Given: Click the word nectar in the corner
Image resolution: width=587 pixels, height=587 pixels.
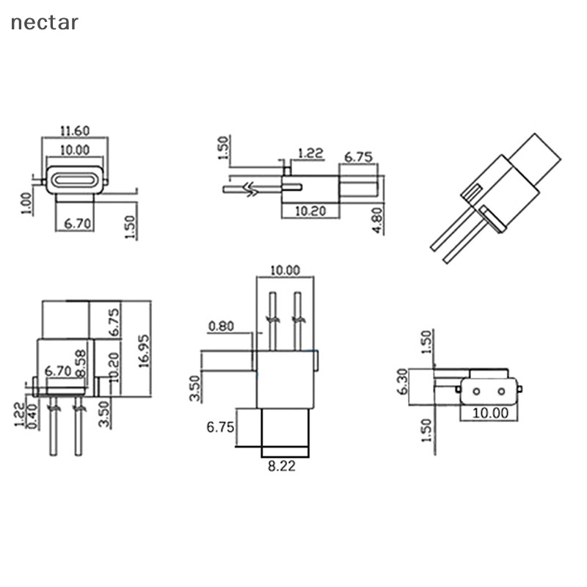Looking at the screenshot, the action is pyautogui.click(x=45, y=23).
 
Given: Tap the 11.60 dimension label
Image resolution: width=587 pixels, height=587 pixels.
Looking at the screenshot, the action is pyautogui.click(x=75, y=131).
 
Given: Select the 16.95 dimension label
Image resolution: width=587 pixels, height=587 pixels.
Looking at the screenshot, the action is pyautogui.click(x=144, y=351).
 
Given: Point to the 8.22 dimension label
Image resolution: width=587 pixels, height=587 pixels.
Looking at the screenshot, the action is pyautogui.click(x=282, y=466).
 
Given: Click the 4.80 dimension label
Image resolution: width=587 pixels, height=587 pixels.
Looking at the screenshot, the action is pyautogui.click(x=378, y=221).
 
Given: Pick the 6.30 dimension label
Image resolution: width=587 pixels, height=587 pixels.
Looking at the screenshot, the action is pyautogui.click(x=403, y=382).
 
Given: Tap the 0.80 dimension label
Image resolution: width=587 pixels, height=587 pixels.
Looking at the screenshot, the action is pyautogui.click(x=221, y=327).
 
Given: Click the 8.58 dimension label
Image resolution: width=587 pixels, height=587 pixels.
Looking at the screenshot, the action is pyautogui.click(x=81, y=363).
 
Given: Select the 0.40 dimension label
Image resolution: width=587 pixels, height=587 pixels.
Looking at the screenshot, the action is pyautogui.click(x=33, y=416).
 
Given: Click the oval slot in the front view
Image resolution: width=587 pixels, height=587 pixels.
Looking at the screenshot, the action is pyautogui.click(x=73, y=180).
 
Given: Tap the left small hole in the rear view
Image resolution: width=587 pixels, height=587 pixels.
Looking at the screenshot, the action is pyautogui.click(x=476, y=392).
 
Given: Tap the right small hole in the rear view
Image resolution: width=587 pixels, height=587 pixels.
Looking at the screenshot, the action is pyautogui.click(x=501, y=392).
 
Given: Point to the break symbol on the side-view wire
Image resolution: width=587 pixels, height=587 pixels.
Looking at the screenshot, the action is pyautogui.click(x=251, y=189).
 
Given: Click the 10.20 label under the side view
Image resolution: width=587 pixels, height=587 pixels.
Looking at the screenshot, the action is pyautogui.click(x=310, y=211).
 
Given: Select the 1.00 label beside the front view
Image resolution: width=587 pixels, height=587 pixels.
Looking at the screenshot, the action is pyautogui.click(x=26, y=203).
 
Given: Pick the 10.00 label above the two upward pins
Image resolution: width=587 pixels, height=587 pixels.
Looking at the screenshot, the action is pyautogui.click(x=285, y=270).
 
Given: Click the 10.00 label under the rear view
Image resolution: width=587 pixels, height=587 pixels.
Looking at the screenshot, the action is pyautogui.click(x=490, y=413).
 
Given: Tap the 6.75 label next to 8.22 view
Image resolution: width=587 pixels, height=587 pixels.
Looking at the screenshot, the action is pyautogui.click(x=220, y=427).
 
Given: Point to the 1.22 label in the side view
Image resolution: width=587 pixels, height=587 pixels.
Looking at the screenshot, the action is pyautogui.click(x=310, y=153).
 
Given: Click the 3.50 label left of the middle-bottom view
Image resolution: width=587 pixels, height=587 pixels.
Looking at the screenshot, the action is pyautogui.click(x=195, y=388).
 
